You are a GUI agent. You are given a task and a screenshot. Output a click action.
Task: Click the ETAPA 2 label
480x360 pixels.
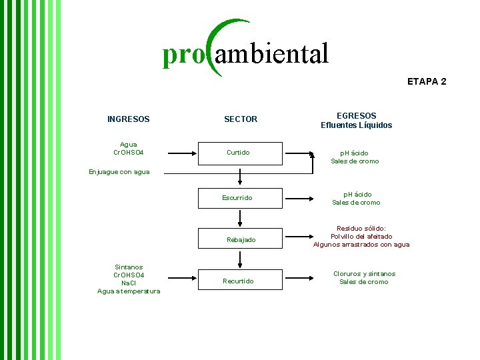pyautogui.click(x=427, y=81)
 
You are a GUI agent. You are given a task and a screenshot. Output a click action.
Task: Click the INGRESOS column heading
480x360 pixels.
pyautogui.click(x=128, y=119)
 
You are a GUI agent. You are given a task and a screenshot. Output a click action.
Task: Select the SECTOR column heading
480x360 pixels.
pyautogui.click(x=241, y=119)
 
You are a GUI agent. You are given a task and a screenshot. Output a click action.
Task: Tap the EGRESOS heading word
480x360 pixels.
pyautogui.click(x=356, y=115)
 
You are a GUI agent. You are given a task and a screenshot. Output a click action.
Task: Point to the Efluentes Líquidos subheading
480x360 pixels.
pyautogui.click(x=356, y=125)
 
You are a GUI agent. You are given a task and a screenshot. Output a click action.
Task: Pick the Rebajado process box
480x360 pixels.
pyautogui.click(x=240, y=239)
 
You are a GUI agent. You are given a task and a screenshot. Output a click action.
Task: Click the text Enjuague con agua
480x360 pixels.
pyautogui.click(x=119, y=172)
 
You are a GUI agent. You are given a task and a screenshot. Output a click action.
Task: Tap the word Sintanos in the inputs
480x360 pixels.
pyautogui.click(x=129, y=267)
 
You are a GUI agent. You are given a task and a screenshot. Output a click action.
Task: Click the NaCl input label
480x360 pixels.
pyautogui.click(x=129, y=283)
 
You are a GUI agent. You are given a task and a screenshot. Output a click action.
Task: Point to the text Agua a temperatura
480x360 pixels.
pyautogui.click(x=129, y=291)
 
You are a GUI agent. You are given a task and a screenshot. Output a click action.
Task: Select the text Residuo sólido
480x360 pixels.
pyautogui.click(x=361, y=228)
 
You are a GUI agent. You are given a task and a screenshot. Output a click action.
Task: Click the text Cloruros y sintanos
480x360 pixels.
pyautogui.click(x=364, y=273)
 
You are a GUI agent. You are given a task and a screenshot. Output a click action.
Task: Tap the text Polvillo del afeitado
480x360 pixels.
pyautogui.click(x=361, y=236)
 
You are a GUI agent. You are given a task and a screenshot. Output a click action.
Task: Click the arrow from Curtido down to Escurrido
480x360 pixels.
pyautogui.click(x=241, y=177)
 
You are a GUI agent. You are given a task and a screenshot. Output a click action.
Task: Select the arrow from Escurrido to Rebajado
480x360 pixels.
pyautogui.click(x=241, y=219)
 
